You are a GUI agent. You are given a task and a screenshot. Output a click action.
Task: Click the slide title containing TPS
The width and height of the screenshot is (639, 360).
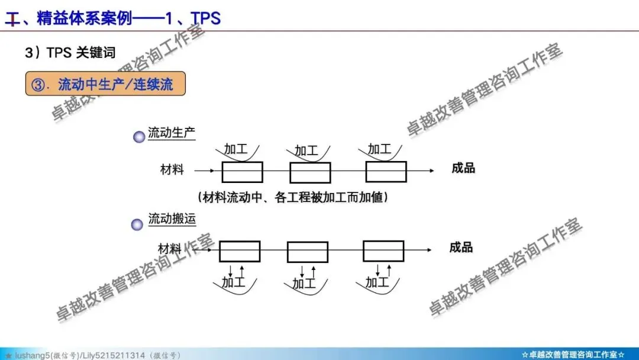pyautogui.click(x=112, y=18)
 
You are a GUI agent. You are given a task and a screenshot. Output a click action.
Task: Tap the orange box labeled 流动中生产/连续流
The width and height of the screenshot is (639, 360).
pyautogui.click(x=105, y=84)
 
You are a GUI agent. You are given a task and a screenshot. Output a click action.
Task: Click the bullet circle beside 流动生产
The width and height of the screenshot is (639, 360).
pyautogui.click(x=139, y=137)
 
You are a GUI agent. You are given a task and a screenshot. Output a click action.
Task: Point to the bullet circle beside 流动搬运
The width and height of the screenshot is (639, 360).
pyautogui.click(x=137, y=224)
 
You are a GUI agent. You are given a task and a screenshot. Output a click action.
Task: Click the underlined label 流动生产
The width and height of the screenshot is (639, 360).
pyautogui.click(x=172, y=133)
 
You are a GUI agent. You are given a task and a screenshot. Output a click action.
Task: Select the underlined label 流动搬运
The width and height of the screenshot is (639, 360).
pyautogui.click(x=172, y=219)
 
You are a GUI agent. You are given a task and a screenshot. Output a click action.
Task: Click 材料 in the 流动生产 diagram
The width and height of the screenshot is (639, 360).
pyautogui.click(x=172, y=170)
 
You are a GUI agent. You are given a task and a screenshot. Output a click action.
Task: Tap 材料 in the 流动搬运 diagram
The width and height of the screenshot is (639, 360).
pyautogui.click(x=170, y=249)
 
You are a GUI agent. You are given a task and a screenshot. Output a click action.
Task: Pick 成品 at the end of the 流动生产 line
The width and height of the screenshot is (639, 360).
pyautogui.click(x=463, y=168)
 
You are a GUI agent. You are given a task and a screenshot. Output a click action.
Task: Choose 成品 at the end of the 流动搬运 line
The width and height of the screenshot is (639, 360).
pyautogui.click(x=461, y=247)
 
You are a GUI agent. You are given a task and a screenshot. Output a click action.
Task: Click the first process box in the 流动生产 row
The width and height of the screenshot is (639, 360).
pyautogui.click(x=243, y=172)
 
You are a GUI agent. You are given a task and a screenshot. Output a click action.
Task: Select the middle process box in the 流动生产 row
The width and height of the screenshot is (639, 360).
pyautogui.click(x=310, y=172)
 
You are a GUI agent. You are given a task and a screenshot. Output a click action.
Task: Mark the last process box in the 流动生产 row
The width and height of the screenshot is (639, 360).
pyautogui.click(x=386, y=172)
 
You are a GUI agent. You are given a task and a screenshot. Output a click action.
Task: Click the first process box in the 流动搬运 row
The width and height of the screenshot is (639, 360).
pyautogui.click(x=240, y=251)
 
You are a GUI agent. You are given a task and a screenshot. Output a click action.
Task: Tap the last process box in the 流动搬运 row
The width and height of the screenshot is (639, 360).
pyautogui.click(x=383, y=251)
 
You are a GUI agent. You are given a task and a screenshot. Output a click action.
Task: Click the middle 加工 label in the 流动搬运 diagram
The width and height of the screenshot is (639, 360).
pyautogui.click(x=304, y=284)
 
